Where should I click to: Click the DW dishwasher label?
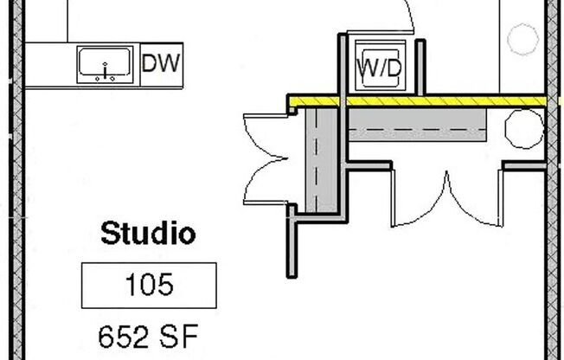tap(160, 63)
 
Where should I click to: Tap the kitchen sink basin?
tap(105, 62)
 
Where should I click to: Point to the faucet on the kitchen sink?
tap(105, 71)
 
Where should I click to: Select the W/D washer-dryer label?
tap(379, 67)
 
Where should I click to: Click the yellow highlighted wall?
tap(418, 100)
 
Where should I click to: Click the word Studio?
tap(148, 234)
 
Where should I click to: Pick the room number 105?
tap(150, 285)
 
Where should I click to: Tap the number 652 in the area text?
tap(124, 337)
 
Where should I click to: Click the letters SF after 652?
tap(182, 337)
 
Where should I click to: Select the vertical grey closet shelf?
tap(322, 160)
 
